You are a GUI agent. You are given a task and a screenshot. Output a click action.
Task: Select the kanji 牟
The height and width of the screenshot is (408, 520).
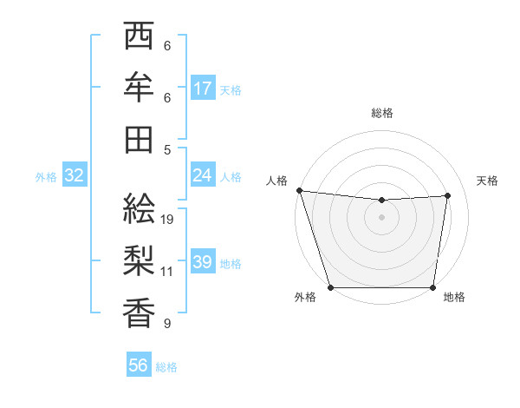[x=139, y=88]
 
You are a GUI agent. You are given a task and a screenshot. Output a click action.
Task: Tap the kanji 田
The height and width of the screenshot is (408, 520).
[x=139, y=140]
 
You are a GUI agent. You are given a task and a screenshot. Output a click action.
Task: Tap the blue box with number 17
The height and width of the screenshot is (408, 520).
[x=203, y=89]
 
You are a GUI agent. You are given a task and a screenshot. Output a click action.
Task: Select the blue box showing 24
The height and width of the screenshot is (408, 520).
[x=203, y=175]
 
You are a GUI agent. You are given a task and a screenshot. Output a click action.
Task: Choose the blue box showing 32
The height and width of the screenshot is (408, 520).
[x=75, y=176]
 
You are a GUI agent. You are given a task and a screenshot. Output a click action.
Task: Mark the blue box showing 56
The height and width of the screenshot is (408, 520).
[x=139, y=365]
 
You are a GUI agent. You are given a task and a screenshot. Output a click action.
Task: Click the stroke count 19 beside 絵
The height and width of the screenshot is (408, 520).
[x=168, y=220]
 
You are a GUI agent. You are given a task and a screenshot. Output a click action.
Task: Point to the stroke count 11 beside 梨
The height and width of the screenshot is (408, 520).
[x=167, y=272]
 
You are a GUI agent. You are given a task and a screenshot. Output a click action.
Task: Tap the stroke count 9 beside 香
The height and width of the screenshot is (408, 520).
[x=167, y=324]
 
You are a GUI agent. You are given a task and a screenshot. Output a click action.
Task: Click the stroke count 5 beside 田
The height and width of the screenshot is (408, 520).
[x=167, y=149]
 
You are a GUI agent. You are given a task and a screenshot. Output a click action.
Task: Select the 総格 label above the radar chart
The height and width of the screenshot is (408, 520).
[x=382, y=113]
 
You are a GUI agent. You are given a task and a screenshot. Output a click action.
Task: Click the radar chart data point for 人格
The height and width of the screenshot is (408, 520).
[x=299, y=190]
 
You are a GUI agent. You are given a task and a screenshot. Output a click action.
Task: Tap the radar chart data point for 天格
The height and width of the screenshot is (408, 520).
[x=448, y=196]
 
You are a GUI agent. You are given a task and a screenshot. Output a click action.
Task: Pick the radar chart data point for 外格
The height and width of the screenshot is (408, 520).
[x=330, y=287]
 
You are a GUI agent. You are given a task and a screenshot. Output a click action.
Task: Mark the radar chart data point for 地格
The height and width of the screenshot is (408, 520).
[x=432, y=287]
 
